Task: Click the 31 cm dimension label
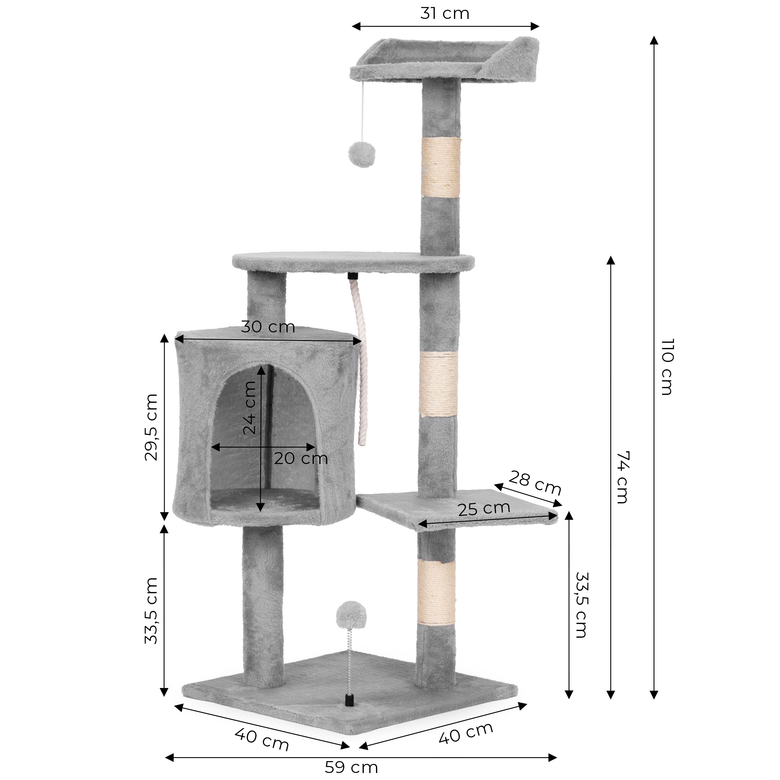click(x=445, y=14)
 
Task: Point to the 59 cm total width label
click(x=351, y=767)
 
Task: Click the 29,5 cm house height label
click(x=151, y=427)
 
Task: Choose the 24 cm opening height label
click(x=250, y=408)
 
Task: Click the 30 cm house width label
click(x=268, y=327)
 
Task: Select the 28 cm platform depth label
click(x=535, y=483)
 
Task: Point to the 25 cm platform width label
click(x=484, y=509)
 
